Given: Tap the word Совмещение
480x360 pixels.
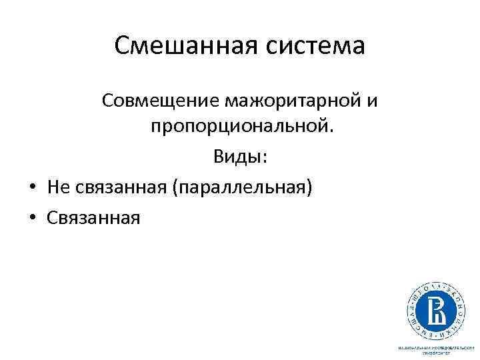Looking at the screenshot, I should click(161, 101).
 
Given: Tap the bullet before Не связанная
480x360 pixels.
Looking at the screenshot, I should click(32, 188).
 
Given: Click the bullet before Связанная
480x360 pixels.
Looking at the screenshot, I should click(32, 217).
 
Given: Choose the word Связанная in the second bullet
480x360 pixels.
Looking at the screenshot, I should click(94, 217).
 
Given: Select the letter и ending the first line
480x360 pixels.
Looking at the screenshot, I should click(373, 102).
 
